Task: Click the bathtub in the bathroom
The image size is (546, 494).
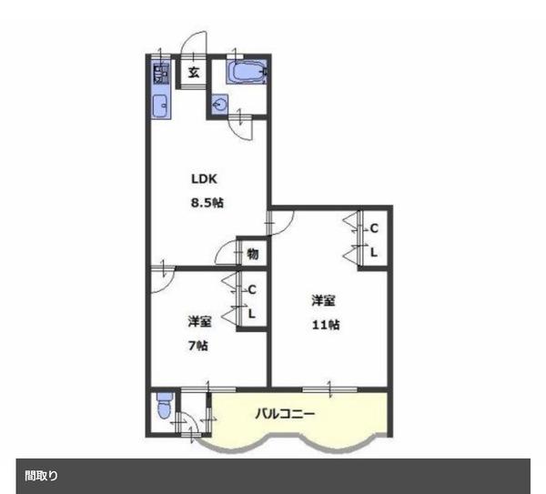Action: pos(247,72)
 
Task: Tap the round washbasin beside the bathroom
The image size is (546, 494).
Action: pos(219,104)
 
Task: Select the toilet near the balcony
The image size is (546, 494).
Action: pos(164,407)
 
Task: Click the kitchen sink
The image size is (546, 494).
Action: pos(161,106)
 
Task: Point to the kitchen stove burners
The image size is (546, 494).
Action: pos(161,73)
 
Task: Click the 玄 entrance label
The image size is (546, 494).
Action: pos(194,73)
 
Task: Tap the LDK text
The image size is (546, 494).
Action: pos(204,179)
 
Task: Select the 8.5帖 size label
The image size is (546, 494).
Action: pos(207,202)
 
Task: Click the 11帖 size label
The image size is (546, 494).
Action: pos(326,325)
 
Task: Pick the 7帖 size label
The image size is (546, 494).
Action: pos(198,346)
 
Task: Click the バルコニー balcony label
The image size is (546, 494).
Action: pos(285,414)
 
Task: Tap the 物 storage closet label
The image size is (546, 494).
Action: pos(253,254)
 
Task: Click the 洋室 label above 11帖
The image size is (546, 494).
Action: pos(323,300)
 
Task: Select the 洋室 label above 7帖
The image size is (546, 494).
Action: pos(199,321)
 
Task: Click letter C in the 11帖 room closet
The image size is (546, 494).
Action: pos(374,228)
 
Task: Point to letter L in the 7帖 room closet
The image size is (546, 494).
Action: pos(252,314)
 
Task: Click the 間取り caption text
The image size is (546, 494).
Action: pos(41,476)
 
